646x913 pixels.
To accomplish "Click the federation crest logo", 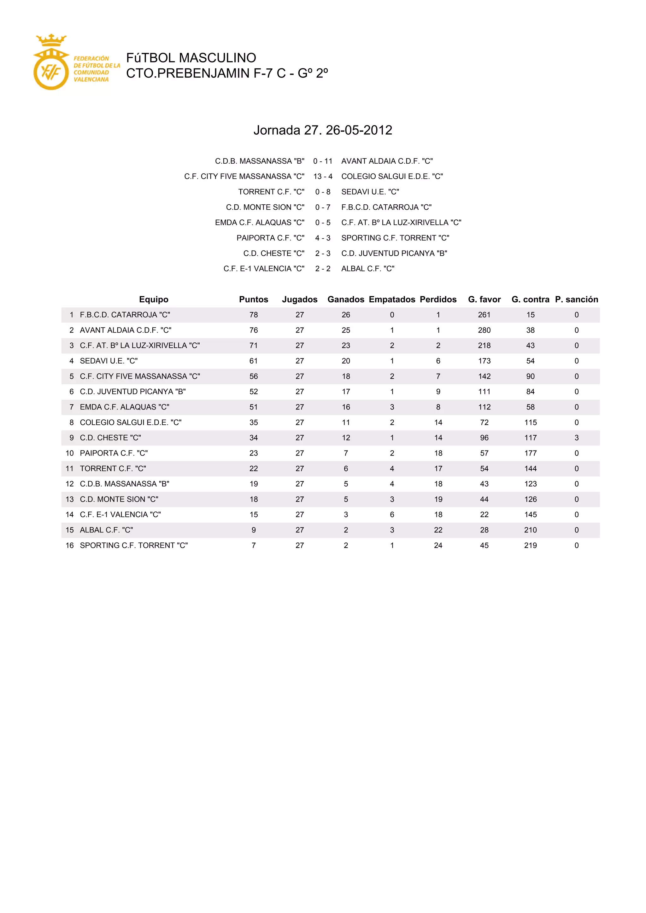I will [x=51, y=62].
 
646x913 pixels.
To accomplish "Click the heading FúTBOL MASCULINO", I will [x=191, y=58].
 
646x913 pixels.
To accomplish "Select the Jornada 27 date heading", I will [x=323, y=130].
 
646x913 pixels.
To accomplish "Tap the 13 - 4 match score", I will [x=323, y=176].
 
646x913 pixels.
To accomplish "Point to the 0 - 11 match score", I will [x=323, y=161].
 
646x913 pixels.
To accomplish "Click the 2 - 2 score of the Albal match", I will [x=323, y=268].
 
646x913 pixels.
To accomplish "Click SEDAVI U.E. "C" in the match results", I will [x=370, y=192].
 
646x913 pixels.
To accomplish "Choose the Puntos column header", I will [x=253, y=299].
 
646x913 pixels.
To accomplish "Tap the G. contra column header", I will [x=530, y=299].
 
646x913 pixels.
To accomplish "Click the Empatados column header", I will [x=392, y=299].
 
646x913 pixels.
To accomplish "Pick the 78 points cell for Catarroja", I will [x=253, y=315].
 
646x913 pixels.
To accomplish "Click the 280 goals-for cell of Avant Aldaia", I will [x=484, y=330].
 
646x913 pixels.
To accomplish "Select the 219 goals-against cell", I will [x=530, y=545].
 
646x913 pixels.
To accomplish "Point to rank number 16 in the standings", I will [x=70, y=545].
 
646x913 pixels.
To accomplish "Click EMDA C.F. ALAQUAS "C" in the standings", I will [x=125, y=407].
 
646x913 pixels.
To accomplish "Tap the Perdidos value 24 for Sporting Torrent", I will [x=438, y=545].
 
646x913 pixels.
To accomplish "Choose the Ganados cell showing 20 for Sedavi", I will [x=346, y=361].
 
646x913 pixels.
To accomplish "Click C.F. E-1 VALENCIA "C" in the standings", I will [x=120, y=515].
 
